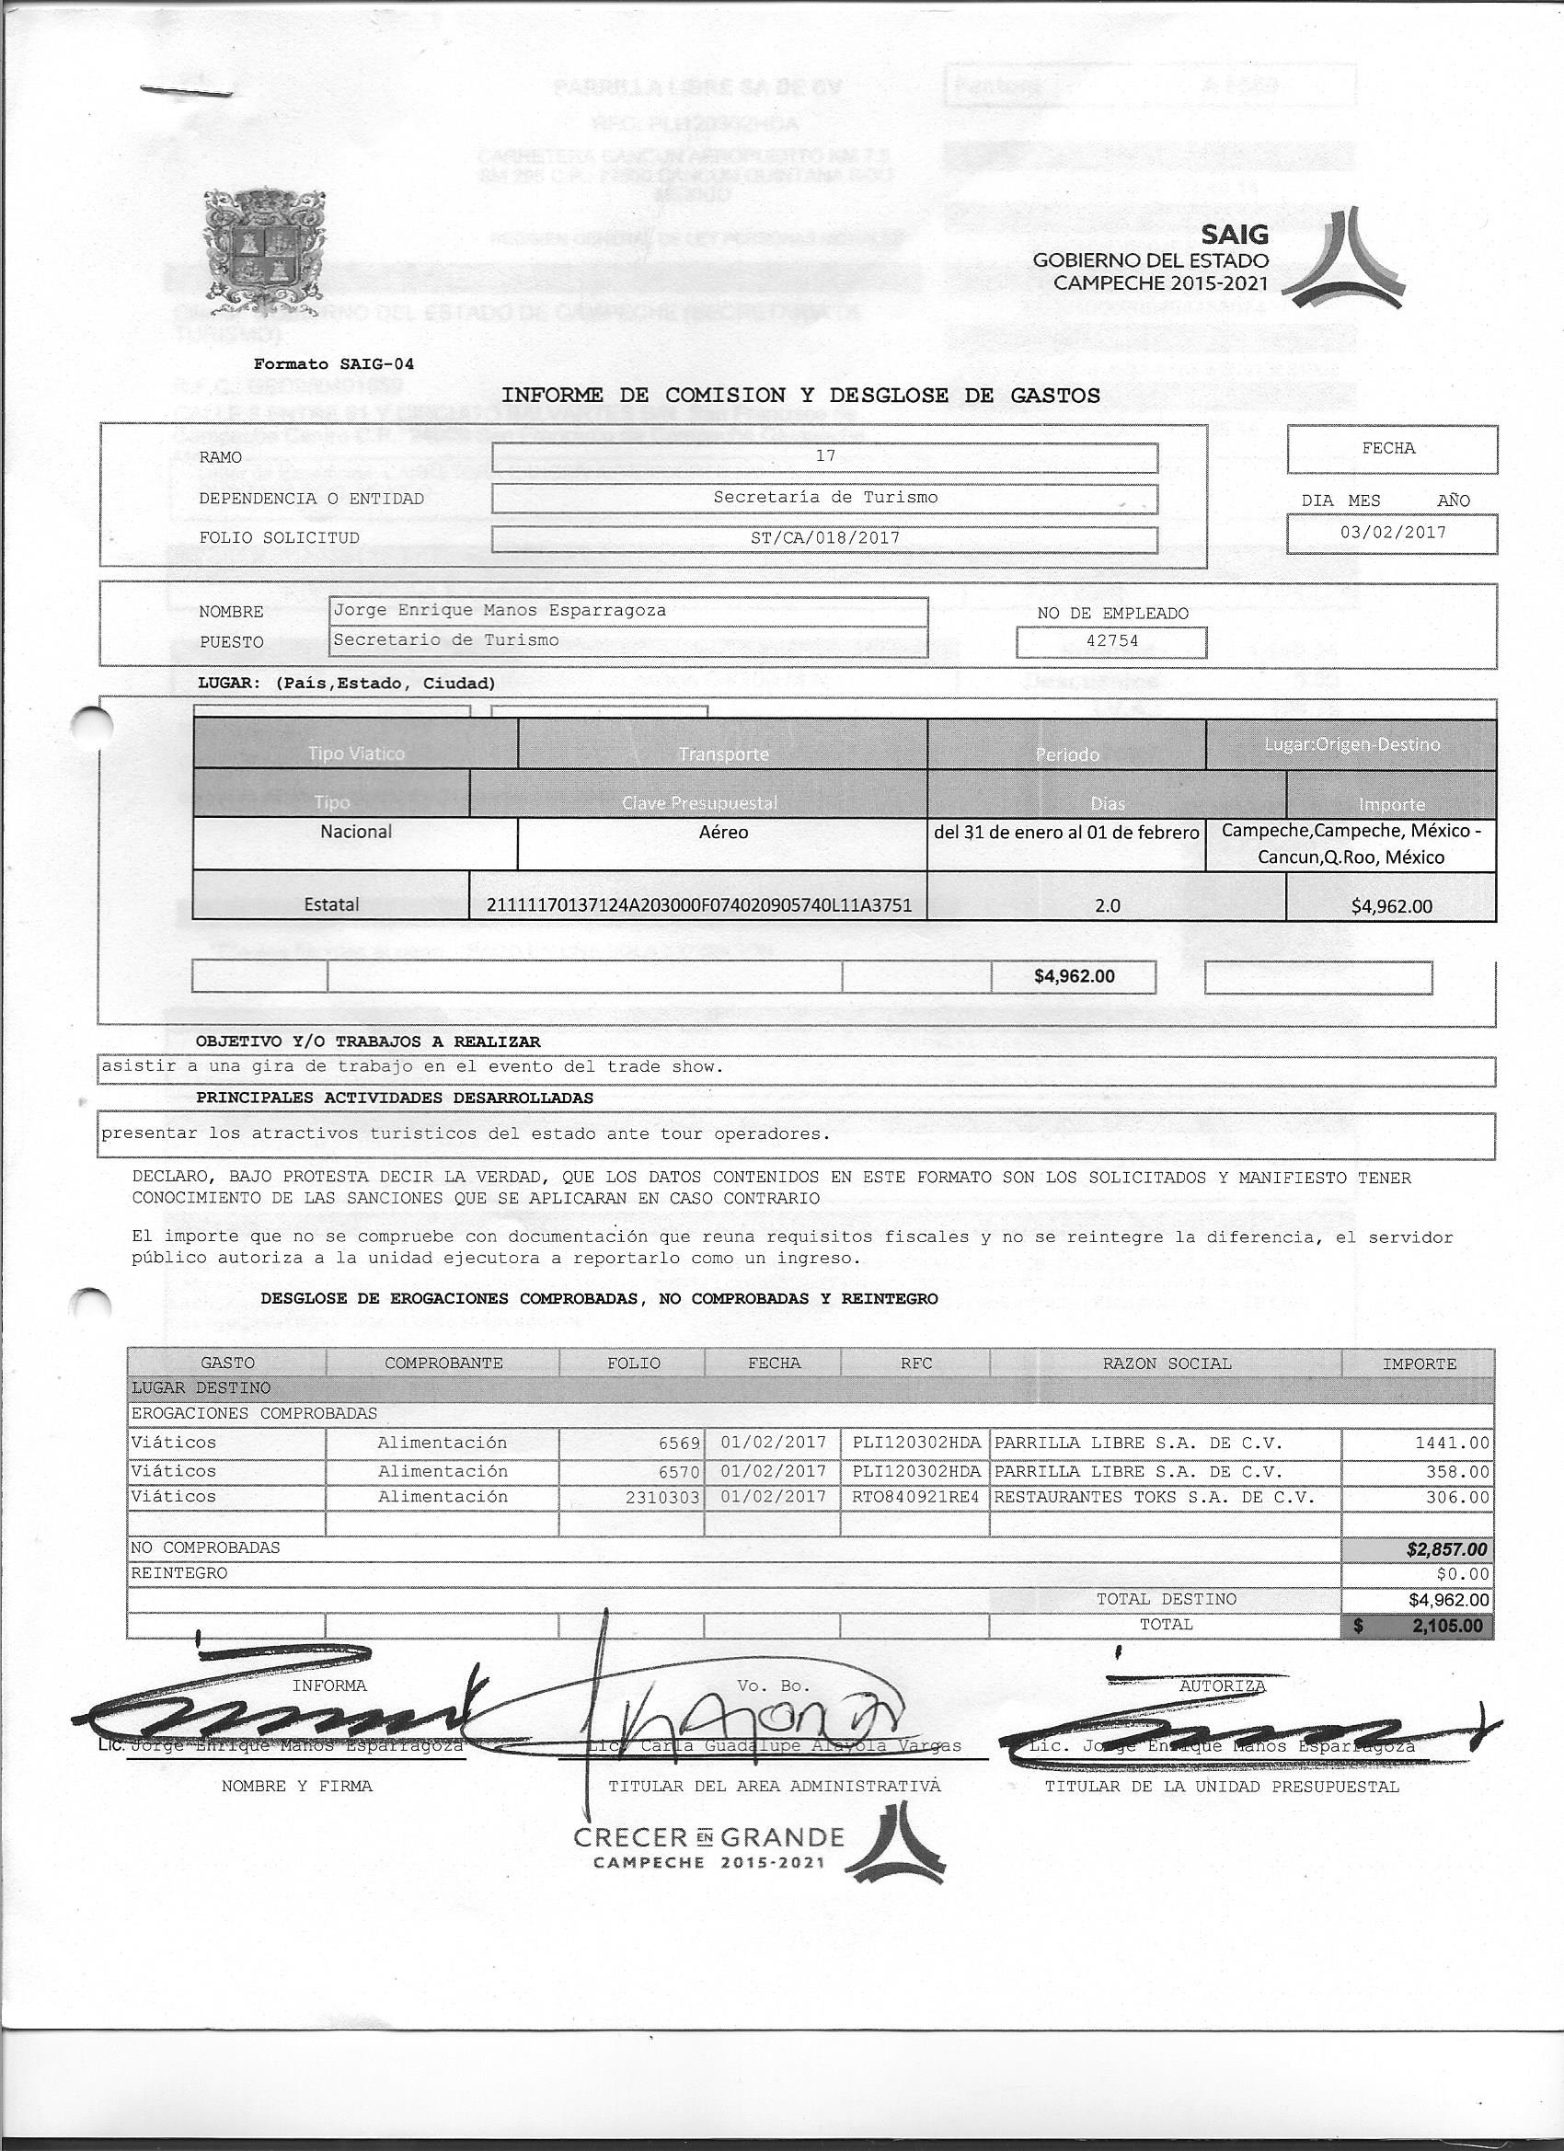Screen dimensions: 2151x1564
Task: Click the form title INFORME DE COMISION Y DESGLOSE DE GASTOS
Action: (800, 396)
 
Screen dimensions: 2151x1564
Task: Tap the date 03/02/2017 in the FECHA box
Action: (1392, 532)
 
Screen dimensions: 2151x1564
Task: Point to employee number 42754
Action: (1111, 641)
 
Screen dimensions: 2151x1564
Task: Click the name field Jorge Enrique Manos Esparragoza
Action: (500, 611)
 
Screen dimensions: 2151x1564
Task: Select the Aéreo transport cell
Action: (723, 833)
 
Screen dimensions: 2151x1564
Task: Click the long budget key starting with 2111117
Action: (698, 904)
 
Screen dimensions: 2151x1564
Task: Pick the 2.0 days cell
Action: (1107, 905)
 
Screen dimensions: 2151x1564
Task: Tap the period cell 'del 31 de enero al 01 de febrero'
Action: (1067, 833)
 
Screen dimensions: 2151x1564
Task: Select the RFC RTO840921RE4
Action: (914, 1498)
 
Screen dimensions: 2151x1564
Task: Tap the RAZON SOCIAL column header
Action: (1166, 1363)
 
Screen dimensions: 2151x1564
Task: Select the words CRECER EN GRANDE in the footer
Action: (708, 1837)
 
